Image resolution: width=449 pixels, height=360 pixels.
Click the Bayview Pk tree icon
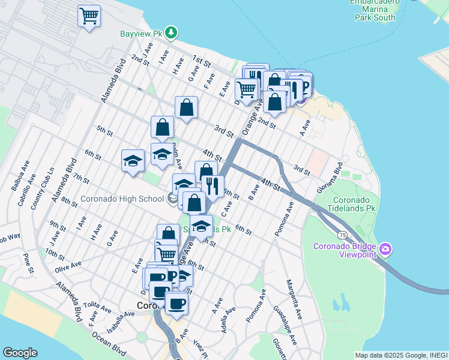172,32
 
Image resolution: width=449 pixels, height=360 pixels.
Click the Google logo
20,353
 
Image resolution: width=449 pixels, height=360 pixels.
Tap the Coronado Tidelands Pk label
346,205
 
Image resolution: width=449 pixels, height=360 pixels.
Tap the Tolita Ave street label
98,308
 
